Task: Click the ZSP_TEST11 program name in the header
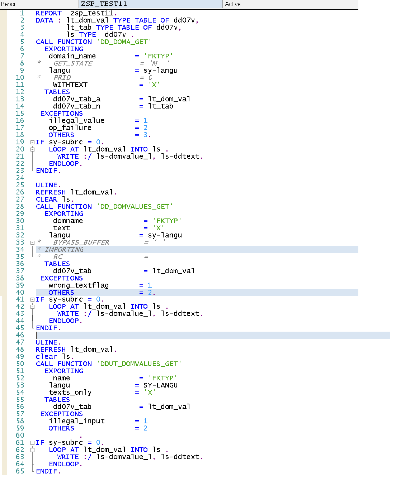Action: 104,4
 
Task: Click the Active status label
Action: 233,4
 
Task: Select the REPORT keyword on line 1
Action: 48,13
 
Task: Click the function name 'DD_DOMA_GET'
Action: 124,42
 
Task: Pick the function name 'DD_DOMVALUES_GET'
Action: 135,207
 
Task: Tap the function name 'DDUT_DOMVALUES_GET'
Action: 139,364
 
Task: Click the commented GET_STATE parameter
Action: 73,63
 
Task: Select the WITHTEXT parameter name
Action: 70,85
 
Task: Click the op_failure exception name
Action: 70,128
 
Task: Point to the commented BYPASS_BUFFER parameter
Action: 81,242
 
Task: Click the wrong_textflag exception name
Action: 79,285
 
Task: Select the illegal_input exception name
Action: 77,421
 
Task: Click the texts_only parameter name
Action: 70,393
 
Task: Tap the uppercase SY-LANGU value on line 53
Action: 160,385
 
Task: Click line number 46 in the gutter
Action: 20,335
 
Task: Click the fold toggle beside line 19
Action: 32,142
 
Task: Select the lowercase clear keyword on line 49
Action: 46,357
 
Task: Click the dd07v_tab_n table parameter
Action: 76,106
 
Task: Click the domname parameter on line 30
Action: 68,221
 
